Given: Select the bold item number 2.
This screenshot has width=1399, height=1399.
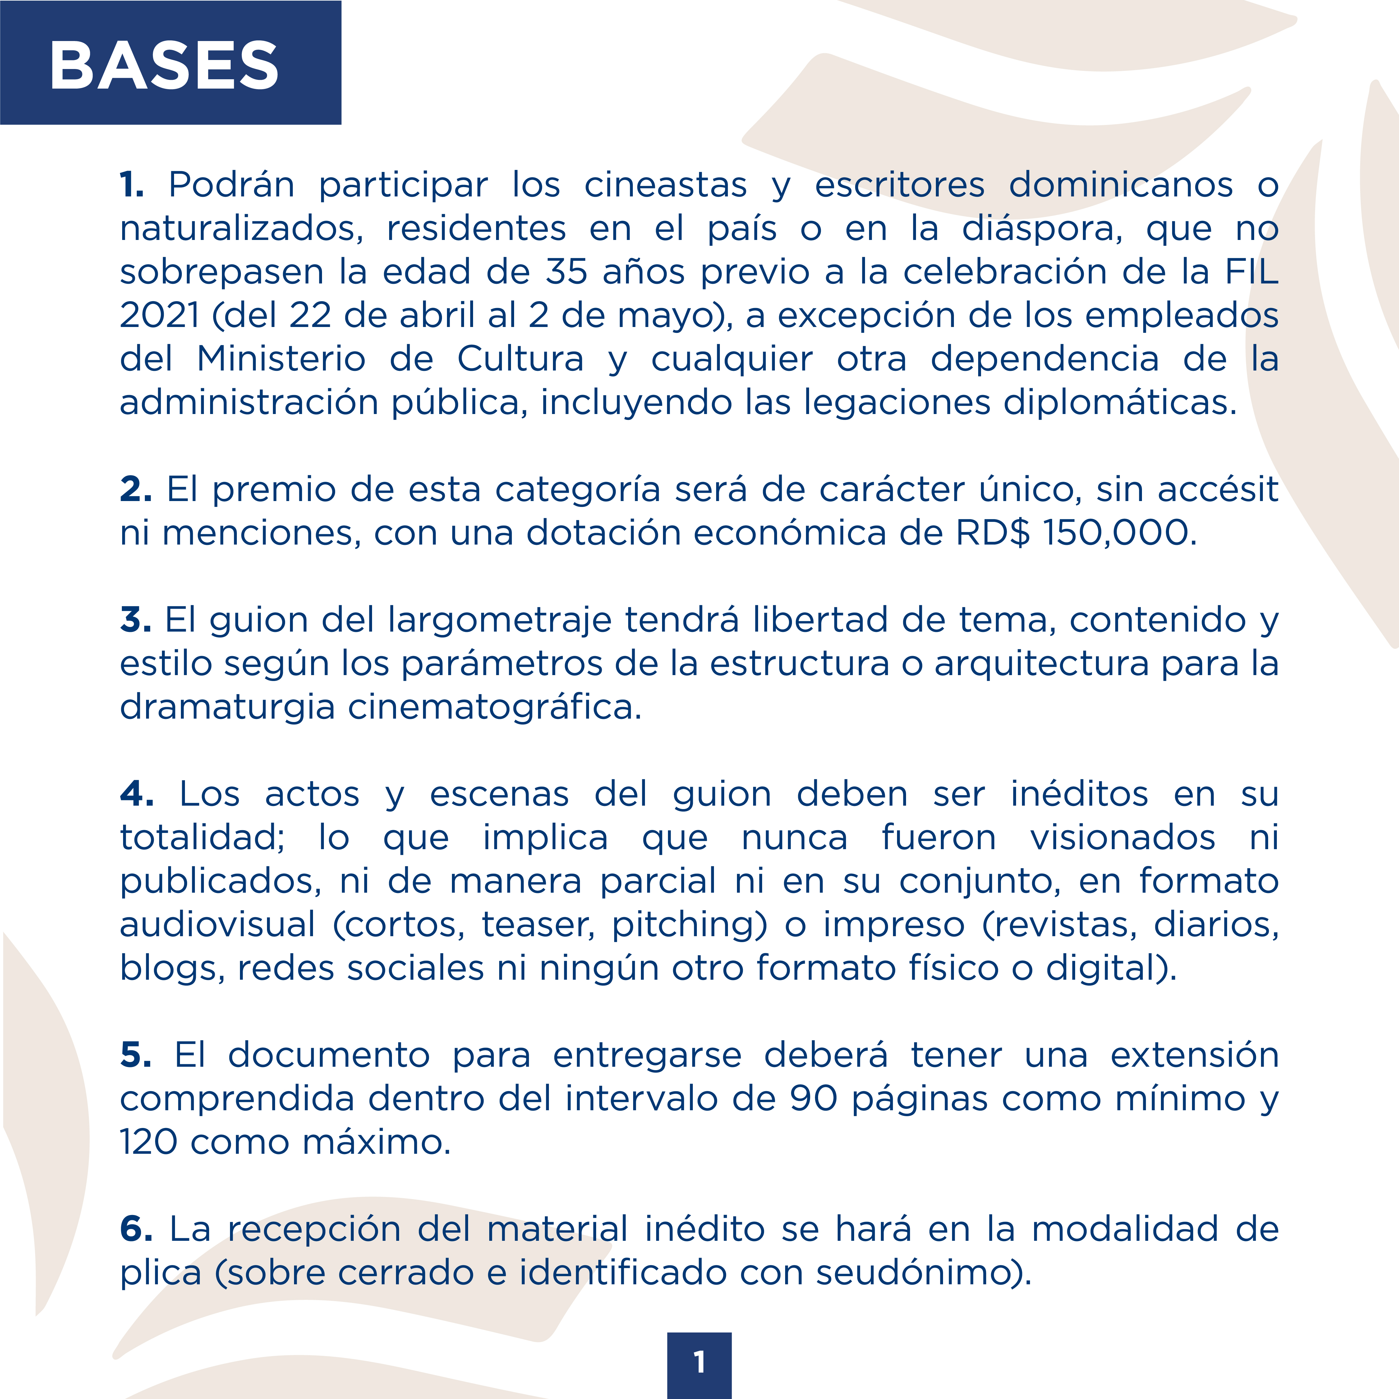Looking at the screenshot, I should click(136, 490).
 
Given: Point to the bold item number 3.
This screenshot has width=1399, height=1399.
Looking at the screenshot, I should click(136, 621).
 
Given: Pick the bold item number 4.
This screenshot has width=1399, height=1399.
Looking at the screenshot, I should click(136, 794).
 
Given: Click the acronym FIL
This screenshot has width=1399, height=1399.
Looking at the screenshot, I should click(1251, 272).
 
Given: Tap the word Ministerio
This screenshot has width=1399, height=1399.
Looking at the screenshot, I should click(281, 359).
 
